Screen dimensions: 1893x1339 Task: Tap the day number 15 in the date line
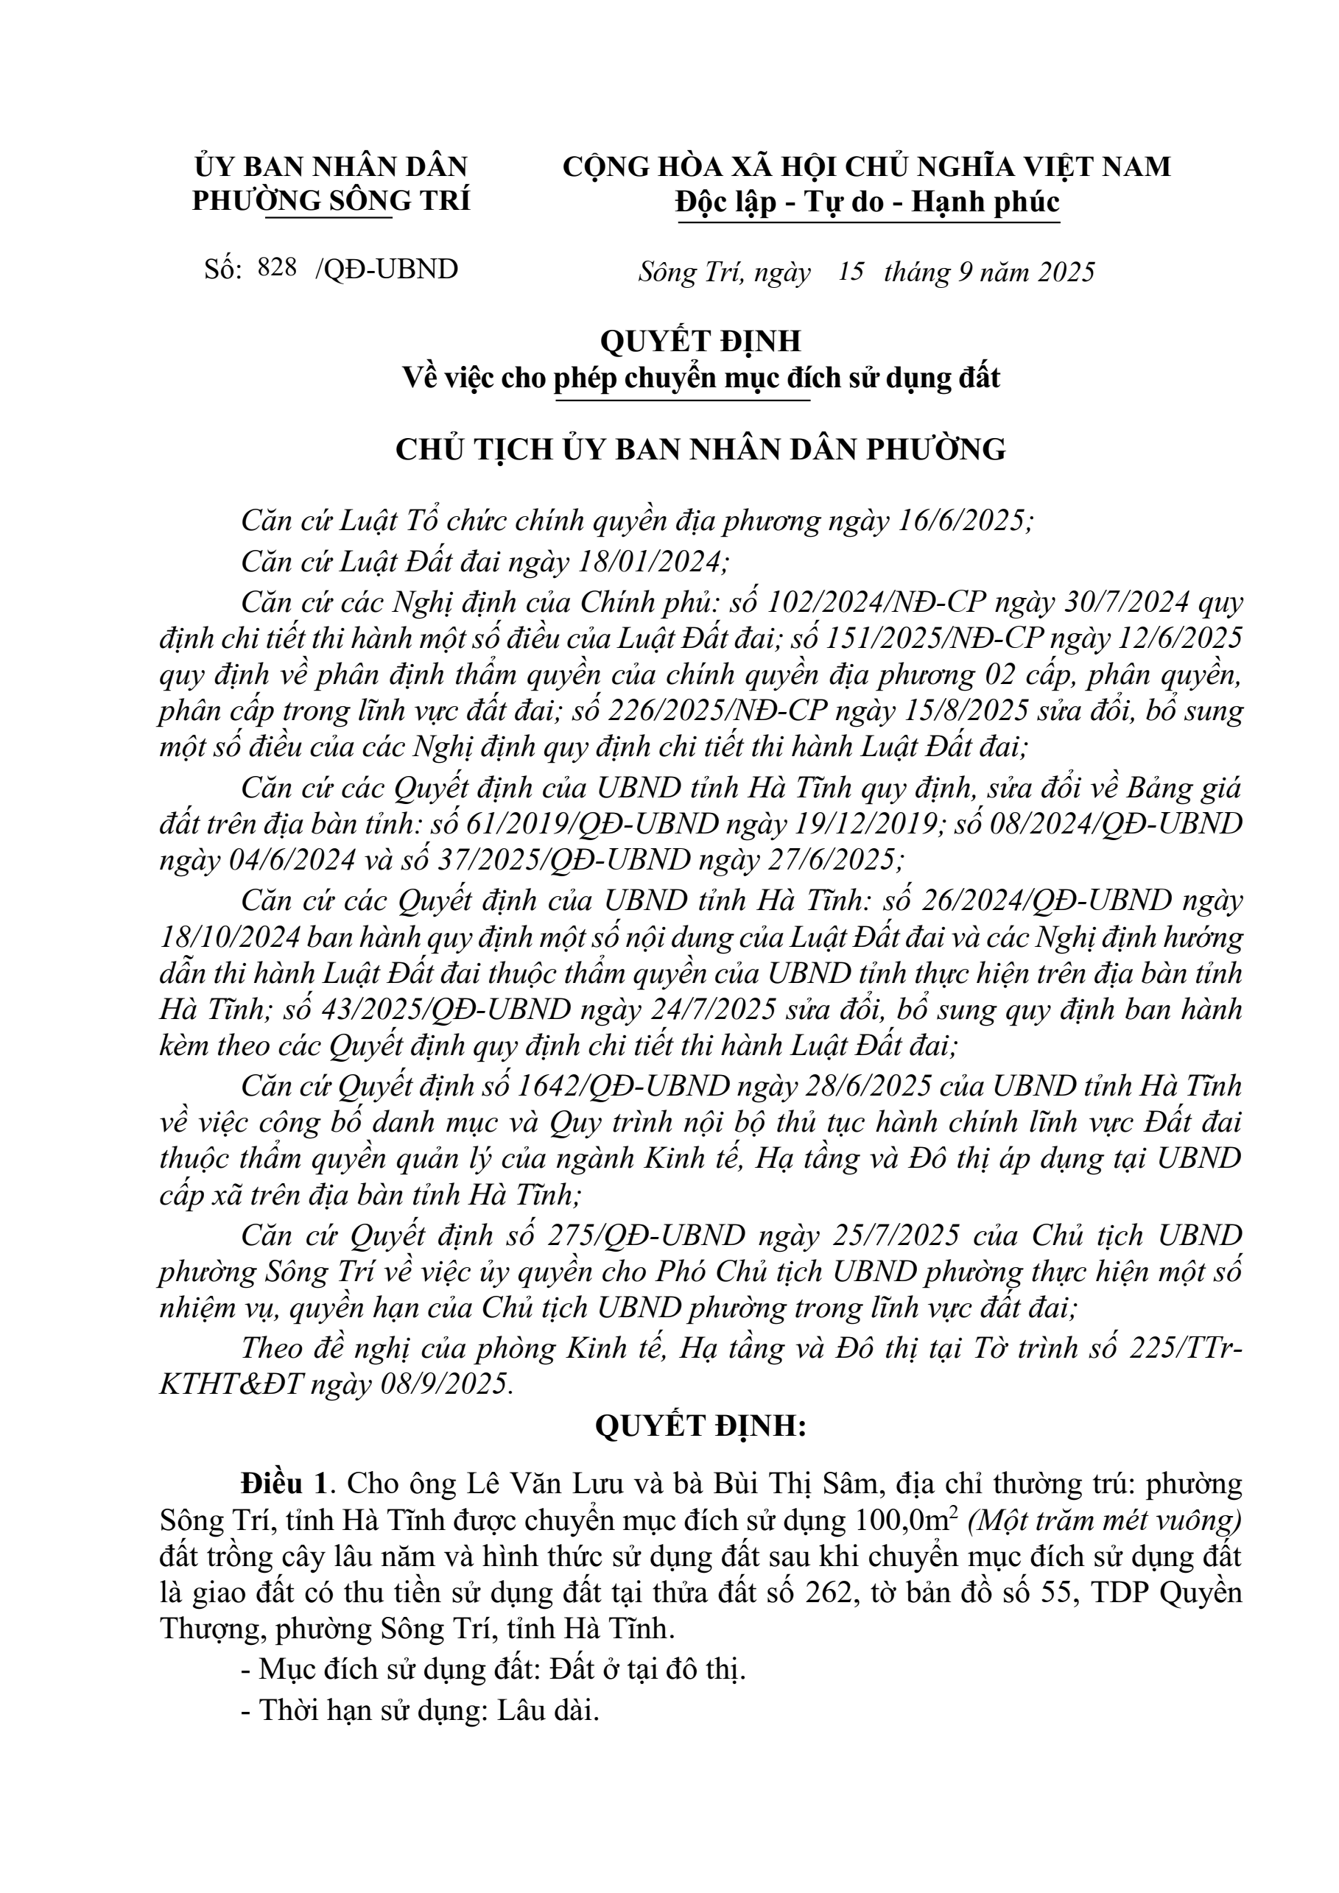tap(850, 271)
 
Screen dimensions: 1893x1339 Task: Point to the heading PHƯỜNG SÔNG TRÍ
tap(331, 200)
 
